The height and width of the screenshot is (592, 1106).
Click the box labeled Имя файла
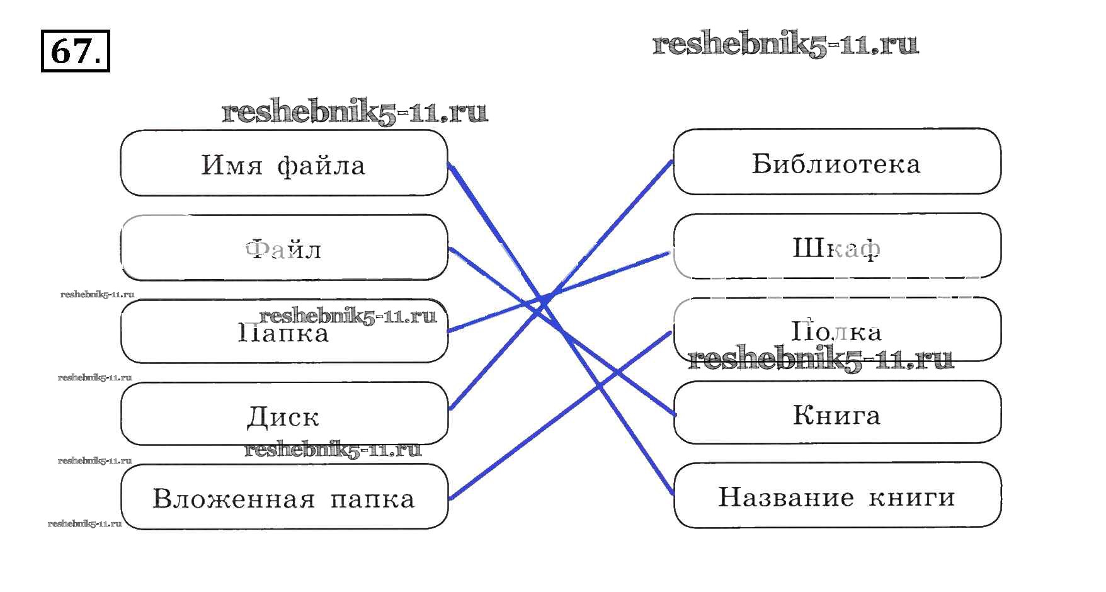click(283, 163)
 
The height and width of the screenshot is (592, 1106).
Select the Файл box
click(283, 248)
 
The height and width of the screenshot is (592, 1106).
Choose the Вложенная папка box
click(283, 498)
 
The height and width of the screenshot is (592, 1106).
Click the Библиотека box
click(836, 162)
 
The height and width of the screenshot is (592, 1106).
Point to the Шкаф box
click(836, 246)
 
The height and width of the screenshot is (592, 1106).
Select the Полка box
click(836, 330)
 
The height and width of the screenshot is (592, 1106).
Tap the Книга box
click(836, 414)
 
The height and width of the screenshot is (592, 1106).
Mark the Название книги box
click(836, 496)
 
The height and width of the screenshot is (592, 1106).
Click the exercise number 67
click(75, 51)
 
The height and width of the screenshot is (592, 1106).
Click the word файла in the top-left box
click(321, 166)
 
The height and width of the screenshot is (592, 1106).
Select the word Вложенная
click(234, 499)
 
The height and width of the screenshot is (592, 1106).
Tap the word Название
click(786, 497)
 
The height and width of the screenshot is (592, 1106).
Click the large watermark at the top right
click(785, 44)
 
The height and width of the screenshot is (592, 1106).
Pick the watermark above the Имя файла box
click(355, 112)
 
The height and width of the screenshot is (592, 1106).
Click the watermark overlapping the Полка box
click(821, 359)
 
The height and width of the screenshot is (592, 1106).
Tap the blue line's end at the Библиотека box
click(671, 162)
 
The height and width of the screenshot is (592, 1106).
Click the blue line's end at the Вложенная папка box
click(450, 498)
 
